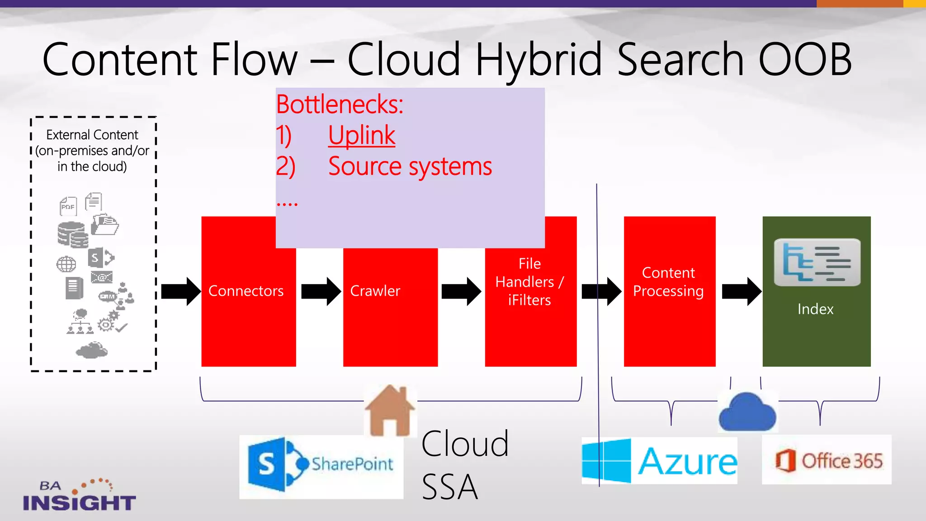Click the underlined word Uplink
tap(362, 135)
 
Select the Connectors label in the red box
tap(246, 291)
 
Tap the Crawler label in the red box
tap(375, 291)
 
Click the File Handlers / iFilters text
tap(529, 282)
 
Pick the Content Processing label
tap(668, 282)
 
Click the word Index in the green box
tap(815, 309)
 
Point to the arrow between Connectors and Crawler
tap(321, 291)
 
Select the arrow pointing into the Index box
tap(741, 291)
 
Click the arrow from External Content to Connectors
tap(180, 291)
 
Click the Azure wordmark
tap(687, 462)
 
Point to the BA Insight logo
tap(79, 496)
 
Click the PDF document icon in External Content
tap(68, 206)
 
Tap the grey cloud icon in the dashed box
tap(92, 350)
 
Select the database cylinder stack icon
tap(72, 235)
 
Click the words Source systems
tap(410, 166)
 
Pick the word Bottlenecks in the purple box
tap(339, 104)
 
